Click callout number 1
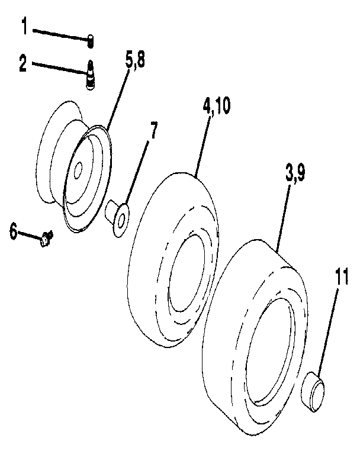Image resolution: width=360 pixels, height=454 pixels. coord(24,26)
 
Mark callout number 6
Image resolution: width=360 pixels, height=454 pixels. coord(13,230)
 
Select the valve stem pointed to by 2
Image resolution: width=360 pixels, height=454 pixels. coord(91,76)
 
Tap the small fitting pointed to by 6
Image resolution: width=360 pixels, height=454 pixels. coord(46,240)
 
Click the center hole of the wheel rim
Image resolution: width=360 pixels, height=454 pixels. coord(78,173)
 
